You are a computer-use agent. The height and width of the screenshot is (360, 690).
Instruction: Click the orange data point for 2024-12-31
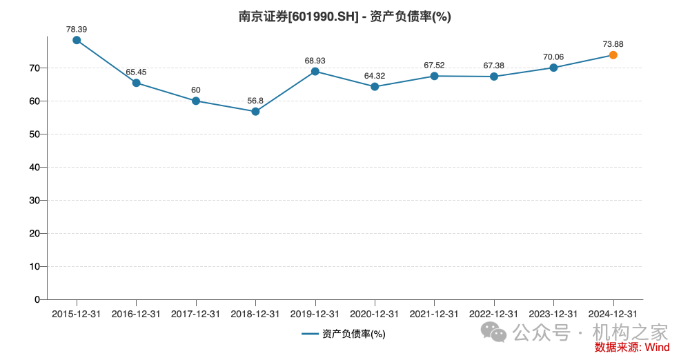click(x=613, y=55)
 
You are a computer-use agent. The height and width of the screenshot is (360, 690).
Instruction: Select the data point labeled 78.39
click(x=77, y=40)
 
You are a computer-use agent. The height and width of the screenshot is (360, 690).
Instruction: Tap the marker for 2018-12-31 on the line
click(x=255, y=111)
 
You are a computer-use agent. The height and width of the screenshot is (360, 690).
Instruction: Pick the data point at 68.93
click(x=315, y=71)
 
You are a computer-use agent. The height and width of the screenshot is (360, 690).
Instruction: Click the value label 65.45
click(x=136, y=72)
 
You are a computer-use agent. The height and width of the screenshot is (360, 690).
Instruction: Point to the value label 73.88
click(x=613, y=44)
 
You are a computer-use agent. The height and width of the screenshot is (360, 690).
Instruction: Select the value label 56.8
click(x=255, y=101)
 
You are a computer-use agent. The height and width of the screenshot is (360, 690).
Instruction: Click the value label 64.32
click(x=375, y=76)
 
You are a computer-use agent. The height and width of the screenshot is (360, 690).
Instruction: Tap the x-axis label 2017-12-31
click(x=196, y=314)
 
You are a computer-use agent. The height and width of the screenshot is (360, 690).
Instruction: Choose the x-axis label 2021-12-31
click(x=434, y=314)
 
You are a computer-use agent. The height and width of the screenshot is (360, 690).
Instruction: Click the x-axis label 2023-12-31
click(x=553, y=314)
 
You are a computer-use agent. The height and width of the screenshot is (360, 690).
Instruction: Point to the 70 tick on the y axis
click(x=34, y=68)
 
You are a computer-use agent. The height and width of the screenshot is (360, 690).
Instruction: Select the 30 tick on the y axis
click(x=34, y=200)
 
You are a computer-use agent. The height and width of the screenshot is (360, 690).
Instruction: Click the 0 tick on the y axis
click(x=37, y=299)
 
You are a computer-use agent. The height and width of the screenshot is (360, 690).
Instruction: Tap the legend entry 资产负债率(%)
click(x=344, y=334)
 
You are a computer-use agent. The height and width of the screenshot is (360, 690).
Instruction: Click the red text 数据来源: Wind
click(x=632, y=348)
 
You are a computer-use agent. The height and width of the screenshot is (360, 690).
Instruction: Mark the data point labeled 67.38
click(x=494, y=77)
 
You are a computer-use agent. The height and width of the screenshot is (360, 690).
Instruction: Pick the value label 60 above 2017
click(x=196, y=90)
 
